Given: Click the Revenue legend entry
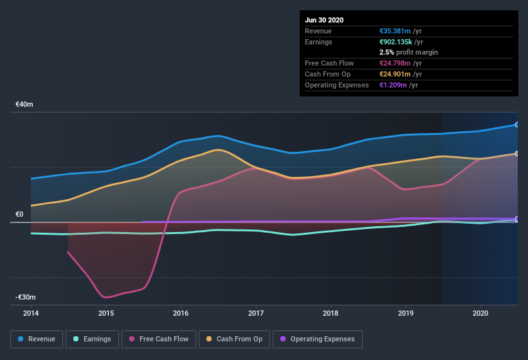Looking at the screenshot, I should (37, 339).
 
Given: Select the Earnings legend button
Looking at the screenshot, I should (91, 339).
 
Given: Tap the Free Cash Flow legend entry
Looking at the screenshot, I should (159, 339).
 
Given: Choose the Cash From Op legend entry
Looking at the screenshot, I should (233, 339).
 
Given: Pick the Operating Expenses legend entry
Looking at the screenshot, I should (317, 339).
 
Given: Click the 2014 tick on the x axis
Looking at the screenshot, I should (31, 314).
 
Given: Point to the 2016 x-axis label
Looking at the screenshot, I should (181, 314).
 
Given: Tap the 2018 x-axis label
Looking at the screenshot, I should (331, 314).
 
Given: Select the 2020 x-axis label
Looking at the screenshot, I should (480, 314).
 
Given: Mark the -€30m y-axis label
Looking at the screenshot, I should (26, 298).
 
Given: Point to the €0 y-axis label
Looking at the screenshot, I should (19, 215).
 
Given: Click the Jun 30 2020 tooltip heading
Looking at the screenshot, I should (324, 20).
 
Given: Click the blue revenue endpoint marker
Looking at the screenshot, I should (517, 125).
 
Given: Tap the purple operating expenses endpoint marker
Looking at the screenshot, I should (517, 219).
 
